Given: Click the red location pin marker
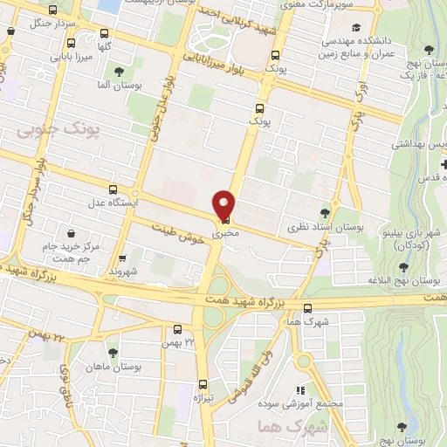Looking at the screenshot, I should (224, 203).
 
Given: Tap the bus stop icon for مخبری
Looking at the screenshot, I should (226, 220).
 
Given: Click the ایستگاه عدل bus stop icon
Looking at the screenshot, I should (112, 189).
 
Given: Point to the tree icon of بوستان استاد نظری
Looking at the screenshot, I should (326, 212).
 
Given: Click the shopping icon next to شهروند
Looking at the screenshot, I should (122, 258).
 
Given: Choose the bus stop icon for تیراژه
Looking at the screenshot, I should (203, 383).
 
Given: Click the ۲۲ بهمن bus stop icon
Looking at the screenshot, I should (177, 329).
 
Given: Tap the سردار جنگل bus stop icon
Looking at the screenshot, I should (55, 10).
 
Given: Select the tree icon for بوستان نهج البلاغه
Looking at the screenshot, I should (403, 266).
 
